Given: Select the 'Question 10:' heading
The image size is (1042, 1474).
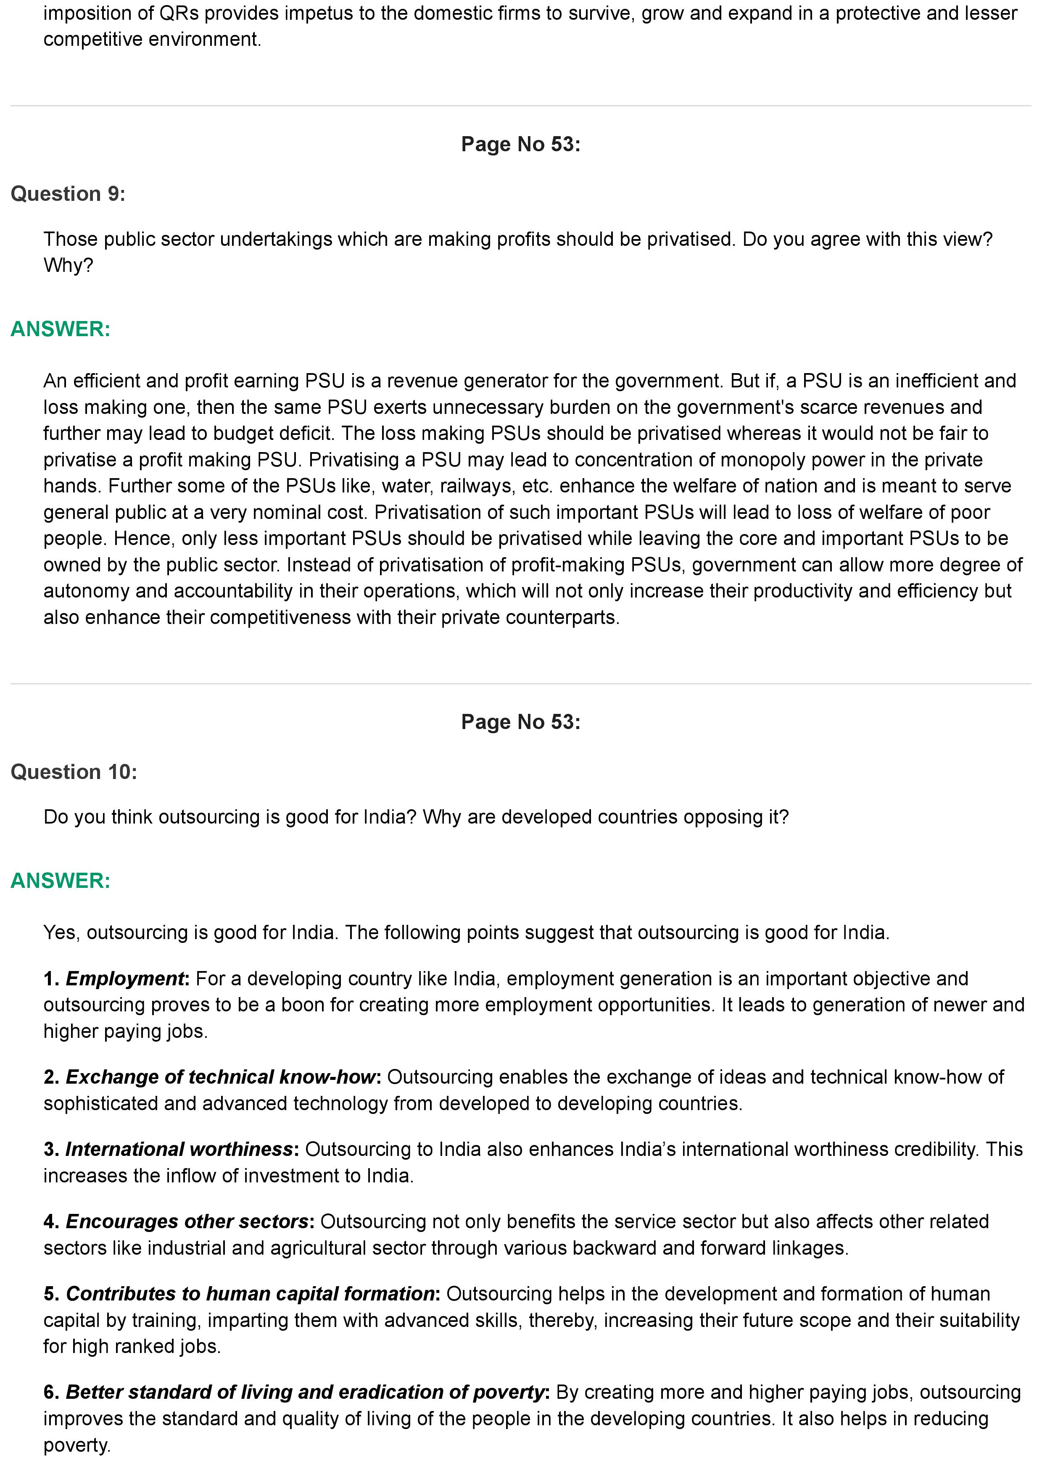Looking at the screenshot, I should (x=74, y=772).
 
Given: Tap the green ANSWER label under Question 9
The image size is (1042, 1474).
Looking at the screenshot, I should (x=61, y=329).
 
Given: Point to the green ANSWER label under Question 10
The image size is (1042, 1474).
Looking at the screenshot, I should (x=61, y=881).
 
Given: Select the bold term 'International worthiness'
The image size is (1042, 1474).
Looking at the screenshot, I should (x=179, y=1149).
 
